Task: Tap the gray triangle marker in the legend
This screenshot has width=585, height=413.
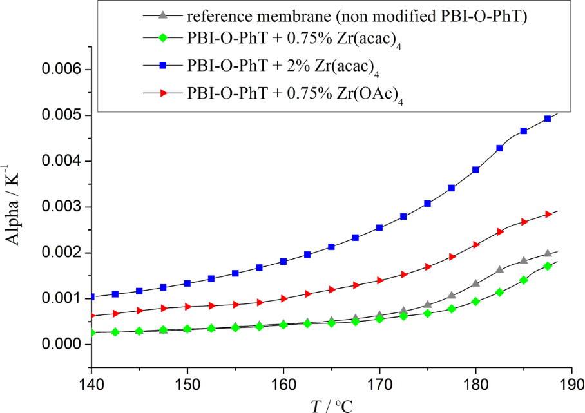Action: [x=163, y=14]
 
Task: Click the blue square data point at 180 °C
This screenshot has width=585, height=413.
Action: [x=475, y=170]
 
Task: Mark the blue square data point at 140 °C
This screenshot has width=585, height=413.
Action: [x=91, y=297]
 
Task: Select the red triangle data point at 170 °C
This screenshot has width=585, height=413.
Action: [x=379, y=280]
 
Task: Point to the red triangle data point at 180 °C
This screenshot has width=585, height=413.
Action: [x=475, y=245]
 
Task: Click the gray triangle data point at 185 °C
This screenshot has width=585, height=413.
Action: [x=524, y=260]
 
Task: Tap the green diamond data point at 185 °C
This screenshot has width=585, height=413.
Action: [x=524, y=280]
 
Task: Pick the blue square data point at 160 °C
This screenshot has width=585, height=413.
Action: [x=283, y=261]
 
